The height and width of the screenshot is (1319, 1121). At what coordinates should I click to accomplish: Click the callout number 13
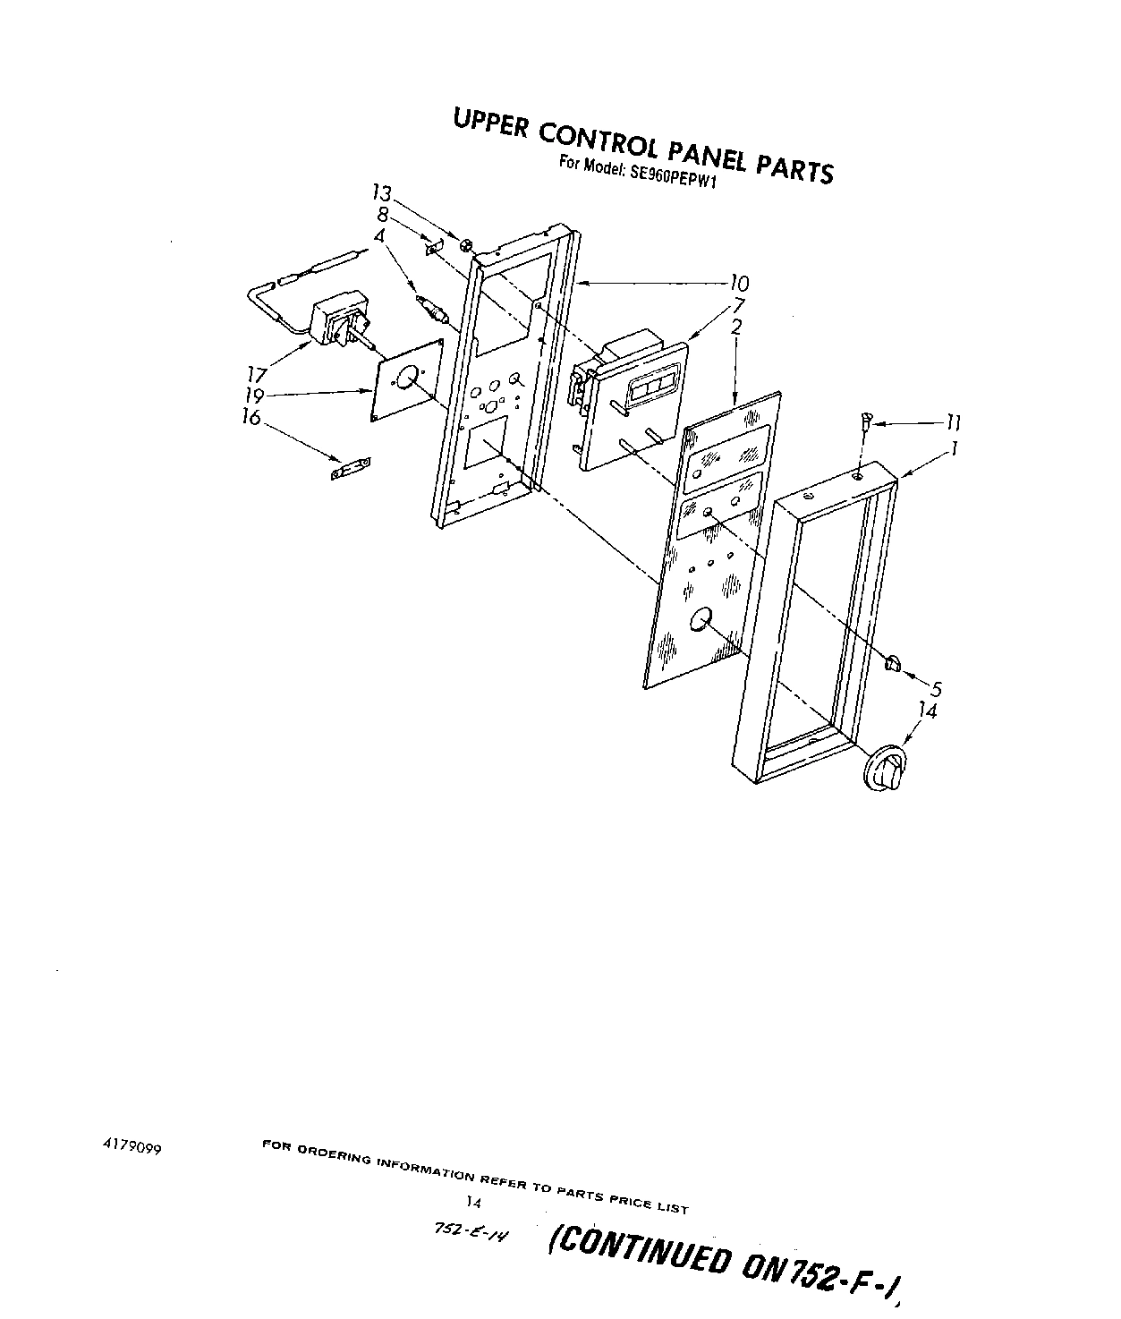click(x=382, y=193)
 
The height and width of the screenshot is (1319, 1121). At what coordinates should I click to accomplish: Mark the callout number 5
click(x=936, y=689)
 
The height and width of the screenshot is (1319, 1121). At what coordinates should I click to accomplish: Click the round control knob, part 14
click(x=886, y=768)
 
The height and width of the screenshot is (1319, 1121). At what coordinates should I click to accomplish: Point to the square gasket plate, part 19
click(x=407, y=380)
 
